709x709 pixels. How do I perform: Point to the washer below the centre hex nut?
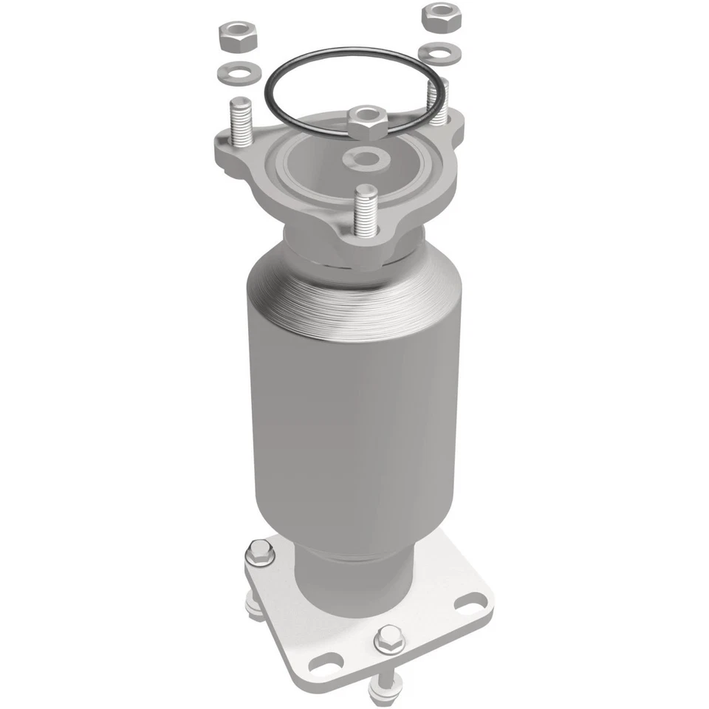tap(367, 157)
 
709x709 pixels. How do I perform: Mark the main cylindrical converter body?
tap(347, 414)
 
